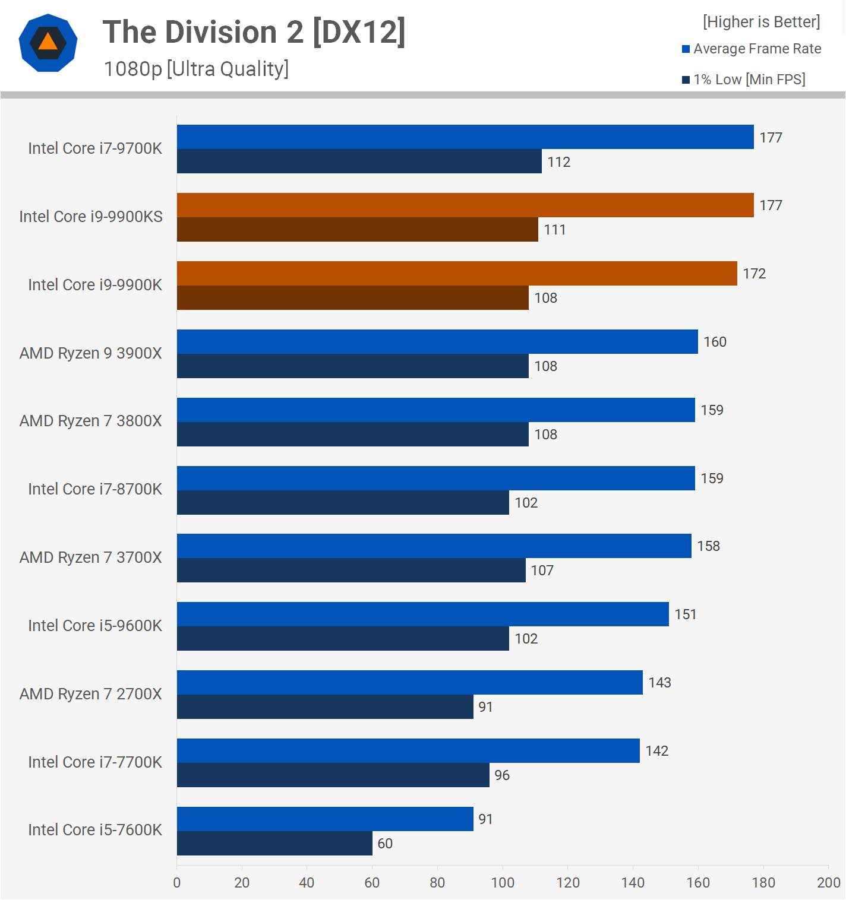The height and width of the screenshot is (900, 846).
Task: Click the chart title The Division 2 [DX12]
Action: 254,32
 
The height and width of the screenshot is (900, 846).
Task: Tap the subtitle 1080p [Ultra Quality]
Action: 196,69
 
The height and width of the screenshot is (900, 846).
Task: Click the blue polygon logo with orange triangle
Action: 48,43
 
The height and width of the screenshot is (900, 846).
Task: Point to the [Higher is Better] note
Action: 761,22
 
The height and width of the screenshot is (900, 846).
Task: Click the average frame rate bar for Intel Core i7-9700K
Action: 465,137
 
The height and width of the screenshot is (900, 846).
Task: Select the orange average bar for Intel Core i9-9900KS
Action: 465,205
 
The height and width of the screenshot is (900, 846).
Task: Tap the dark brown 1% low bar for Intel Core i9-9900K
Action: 352,298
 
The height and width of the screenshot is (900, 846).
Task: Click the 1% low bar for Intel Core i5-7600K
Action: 274,844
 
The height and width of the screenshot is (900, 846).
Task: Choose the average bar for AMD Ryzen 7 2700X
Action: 409,683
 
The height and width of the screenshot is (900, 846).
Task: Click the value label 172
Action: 754,274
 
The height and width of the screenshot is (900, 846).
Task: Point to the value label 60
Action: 385,844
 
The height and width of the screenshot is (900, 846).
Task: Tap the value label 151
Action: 685,614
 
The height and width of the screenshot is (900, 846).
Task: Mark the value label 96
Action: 502,775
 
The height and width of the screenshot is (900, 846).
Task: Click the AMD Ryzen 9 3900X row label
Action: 91,353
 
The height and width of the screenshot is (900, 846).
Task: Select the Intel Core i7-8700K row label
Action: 95,489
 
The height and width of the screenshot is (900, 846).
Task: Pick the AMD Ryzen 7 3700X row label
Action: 91,557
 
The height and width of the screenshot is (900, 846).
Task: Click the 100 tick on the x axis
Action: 503,883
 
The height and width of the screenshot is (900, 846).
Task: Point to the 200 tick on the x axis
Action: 828,883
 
